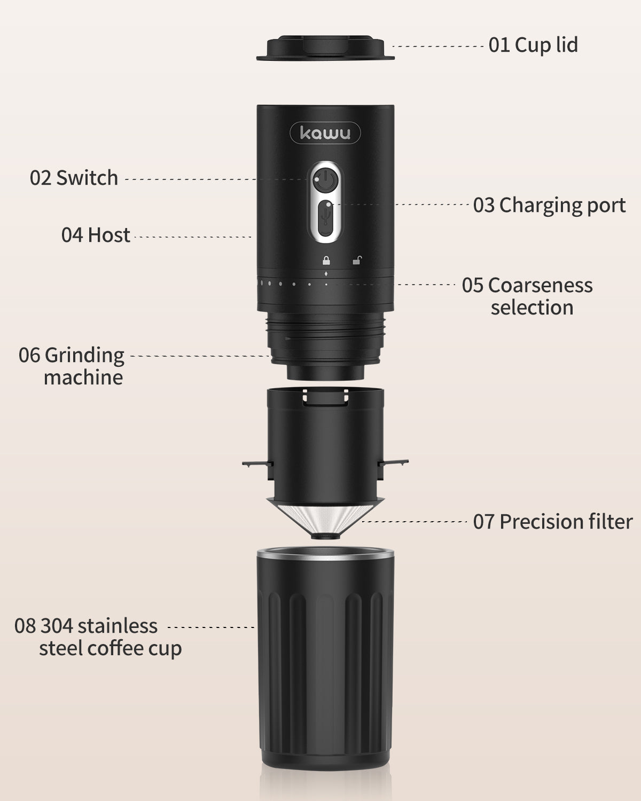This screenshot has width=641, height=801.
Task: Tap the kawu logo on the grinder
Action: [325, 133]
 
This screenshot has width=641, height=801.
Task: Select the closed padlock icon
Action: [325, 261]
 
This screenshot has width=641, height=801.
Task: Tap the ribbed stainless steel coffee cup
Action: [325, 667]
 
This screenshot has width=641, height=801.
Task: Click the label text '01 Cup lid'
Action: [533, 45]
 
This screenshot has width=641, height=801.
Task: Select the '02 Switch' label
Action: [74, 178]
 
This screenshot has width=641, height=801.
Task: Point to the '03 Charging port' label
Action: [549, 205]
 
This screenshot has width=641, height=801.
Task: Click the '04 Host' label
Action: [96, 235]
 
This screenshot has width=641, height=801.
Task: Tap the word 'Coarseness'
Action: [540, 285]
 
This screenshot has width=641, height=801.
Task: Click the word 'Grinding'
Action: [84, 355]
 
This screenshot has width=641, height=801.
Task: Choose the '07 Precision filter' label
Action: [552, 522]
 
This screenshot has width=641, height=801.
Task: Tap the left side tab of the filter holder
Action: [255, 464]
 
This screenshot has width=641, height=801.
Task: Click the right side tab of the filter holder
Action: [395, 462]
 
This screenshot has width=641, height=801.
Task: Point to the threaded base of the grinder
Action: [325, 336]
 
